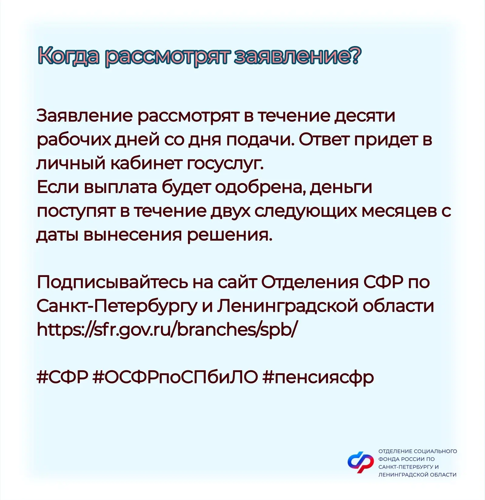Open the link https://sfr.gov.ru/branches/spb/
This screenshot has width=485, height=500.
point(167,330)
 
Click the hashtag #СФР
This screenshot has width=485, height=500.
point(62,378)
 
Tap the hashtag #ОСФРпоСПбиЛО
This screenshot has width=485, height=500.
point(175,378)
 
